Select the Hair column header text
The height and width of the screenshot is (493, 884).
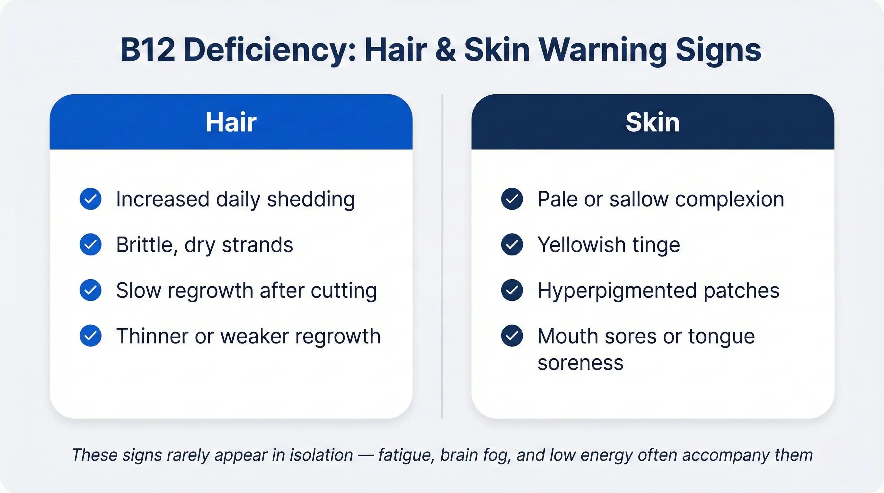pyautogui.click(x=231, y=122)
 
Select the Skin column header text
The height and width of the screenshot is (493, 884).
pyautogui.click(x=652, y=122)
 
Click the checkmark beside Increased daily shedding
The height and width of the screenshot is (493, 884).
pyautogui.click(x=91, y=199)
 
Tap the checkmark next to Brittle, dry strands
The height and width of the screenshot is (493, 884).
pyautogui.click(x=91, y=245)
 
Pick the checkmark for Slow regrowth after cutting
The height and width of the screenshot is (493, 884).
pyautogui.click(x=91, y=290)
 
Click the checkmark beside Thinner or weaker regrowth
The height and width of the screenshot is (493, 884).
pyautogui.click(x=91, y=336)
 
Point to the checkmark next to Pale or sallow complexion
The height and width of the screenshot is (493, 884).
pyautogui.click(x=512, y=199)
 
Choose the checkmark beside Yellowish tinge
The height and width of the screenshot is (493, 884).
pyautogui.click(x=512, y=245)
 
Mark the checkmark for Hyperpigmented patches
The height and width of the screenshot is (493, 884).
pyautogui.click(x=512, y=290)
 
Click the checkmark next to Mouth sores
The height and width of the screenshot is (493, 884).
pyautogui.click(x=512, y=336)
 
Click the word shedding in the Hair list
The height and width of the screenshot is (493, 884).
pyautogui.click(x=311, y=200)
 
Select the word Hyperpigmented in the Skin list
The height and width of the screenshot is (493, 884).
pyautogui.click(x=617, y=291)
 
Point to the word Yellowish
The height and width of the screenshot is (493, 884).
pyautogui.click(x=581, y=245)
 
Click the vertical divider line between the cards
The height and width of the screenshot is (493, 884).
pyautogui.click(x=442, y=256)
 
